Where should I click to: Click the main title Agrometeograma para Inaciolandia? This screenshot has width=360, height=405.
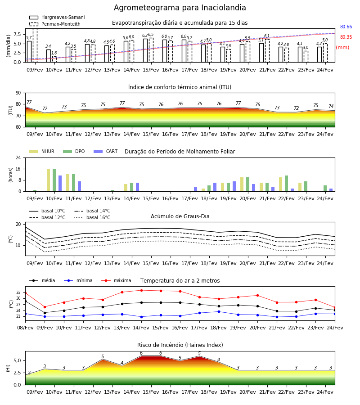click(x=180, y=8)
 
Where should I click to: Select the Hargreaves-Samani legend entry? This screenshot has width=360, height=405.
click(x=57, y=17)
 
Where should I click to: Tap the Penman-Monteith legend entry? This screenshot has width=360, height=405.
click(x=55, y=24)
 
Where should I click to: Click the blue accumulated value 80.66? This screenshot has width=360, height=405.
click(x=346, y=27)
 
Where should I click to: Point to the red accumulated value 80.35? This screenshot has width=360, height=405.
click(x=346, y=37)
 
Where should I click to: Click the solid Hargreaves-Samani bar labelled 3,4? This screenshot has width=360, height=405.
click(x=49, y=56)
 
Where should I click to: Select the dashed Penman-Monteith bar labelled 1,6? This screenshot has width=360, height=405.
click(x=54, y=59)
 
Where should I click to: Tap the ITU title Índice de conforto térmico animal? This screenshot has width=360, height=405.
click(x=180, y=87)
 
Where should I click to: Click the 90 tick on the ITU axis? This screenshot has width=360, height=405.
click(x=18, y=93)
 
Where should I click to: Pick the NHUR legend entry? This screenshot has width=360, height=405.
click(x=42, y=151)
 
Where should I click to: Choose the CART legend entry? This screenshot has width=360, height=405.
click(x=106, y=151)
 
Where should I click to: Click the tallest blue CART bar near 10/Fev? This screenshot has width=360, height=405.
click(x=60, y=184)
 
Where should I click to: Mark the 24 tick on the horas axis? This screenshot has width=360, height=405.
click(x=18, y=157)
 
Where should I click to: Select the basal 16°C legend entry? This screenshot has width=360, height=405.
click(x=92, y=217)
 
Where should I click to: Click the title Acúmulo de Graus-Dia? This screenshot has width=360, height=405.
click(x=180, y=216)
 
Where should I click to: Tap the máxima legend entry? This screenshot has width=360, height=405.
click(x=116, y=280)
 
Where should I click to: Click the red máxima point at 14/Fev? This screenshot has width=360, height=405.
click(x=141, y=290)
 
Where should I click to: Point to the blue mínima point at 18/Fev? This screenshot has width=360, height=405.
click(x=219, y=311)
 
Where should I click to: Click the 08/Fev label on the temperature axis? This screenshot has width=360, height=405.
click(x=25, y=328)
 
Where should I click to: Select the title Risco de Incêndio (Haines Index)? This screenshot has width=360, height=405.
click(x=180, y=345)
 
